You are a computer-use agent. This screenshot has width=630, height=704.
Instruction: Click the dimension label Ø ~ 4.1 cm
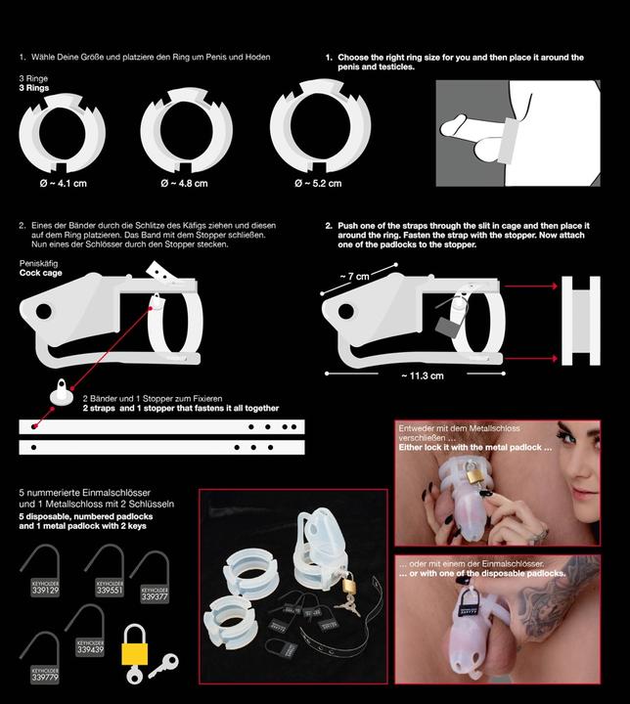tap(62, 182)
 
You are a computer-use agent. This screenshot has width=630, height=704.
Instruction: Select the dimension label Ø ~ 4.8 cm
tap(183, 183)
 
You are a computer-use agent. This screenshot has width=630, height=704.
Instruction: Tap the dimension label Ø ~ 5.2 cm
tap(319, 182)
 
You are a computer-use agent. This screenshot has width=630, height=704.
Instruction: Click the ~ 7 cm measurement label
tap(355, 277)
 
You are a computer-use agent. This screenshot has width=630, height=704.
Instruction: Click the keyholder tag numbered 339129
tap(45, 589)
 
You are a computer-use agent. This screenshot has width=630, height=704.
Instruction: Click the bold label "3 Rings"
tap(35, 86)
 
